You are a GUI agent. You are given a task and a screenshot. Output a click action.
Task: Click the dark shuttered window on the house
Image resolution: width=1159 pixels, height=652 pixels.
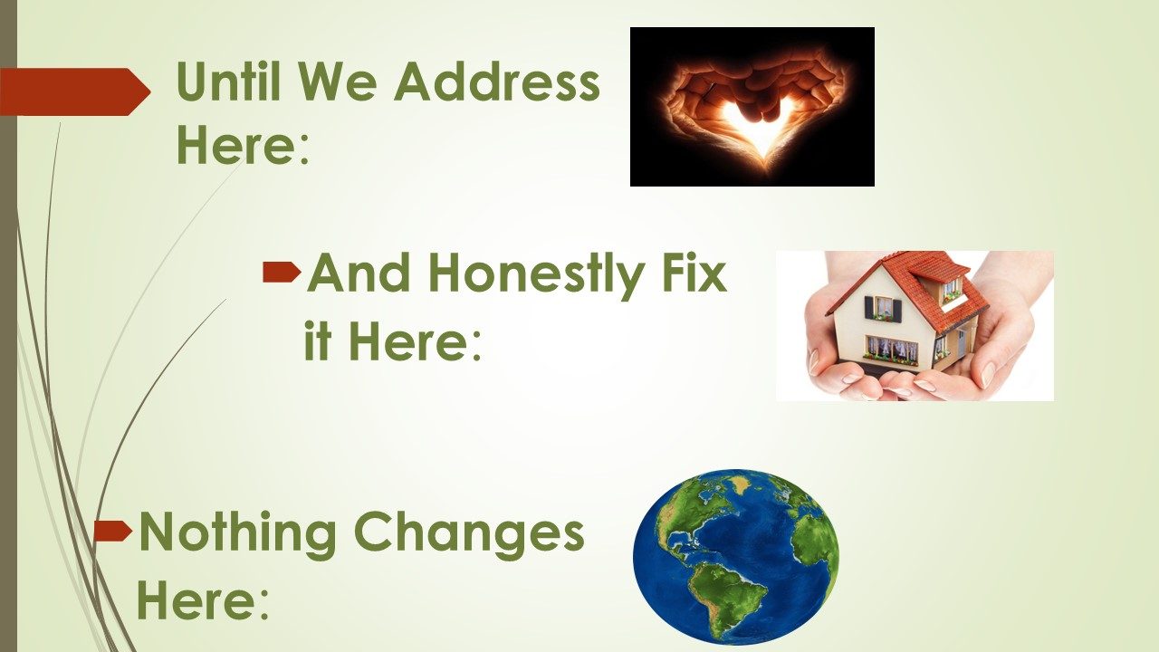pos(884,308)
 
